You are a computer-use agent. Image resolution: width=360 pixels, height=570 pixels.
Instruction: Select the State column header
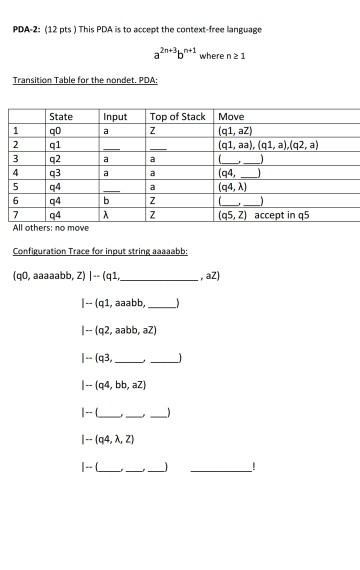coord(61,117)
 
